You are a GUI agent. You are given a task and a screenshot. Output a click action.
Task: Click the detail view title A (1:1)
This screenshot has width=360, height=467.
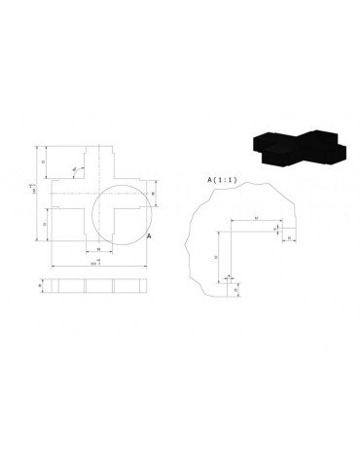[x=223, y=180]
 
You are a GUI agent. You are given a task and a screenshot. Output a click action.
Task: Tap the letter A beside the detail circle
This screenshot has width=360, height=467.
[x=148, y=236]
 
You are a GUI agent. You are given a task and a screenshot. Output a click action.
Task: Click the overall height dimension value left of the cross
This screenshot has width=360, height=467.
[x=33, y=195]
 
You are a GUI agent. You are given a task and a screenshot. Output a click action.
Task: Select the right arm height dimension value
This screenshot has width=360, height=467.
[x=156, y=195]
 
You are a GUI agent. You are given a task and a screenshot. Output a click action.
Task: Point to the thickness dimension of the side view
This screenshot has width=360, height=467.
[x=40, y=286]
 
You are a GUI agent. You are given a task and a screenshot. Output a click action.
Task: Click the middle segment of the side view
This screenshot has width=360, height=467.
[x=100, y=286]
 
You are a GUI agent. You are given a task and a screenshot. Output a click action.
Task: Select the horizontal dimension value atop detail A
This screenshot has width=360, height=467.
[x=255, y=217]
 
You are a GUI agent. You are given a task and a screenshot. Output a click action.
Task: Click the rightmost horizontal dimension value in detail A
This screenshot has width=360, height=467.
[x=291, y=237]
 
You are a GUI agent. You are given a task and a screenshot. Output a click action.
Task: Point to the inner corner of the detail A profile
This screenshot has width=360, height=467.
[x=230, y=231]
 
